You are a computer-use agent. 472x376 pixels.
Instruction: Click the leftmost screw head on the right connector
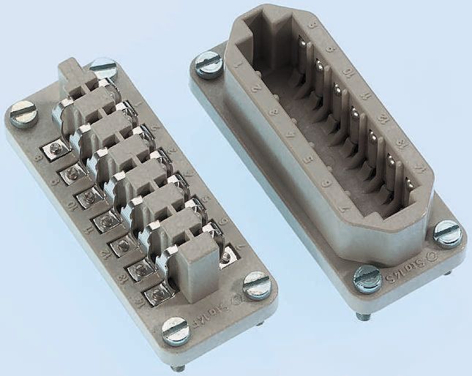[x=209, y=64]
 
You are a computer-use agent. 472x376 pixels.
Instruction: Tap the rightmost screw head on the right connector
[x=447, y=233]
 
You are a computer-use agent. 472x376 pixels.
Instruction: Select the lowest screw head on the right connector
[x=367, y=278]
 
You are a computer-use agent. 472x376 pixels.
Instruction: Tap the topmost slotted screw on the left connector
[x=103, y=68]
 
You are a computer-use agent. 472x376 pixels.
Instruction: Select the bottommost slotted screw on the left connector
[x=175, y=331]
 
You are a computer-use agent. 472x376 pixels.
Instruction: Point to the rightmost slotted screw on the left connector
[x=256, y=284]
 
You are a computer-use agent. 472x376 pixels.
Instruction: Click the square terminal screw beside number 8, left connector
[x=52, y=151]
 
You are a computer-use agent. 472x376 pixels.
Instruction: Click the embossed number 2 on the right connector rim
[x=255, y=91]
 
